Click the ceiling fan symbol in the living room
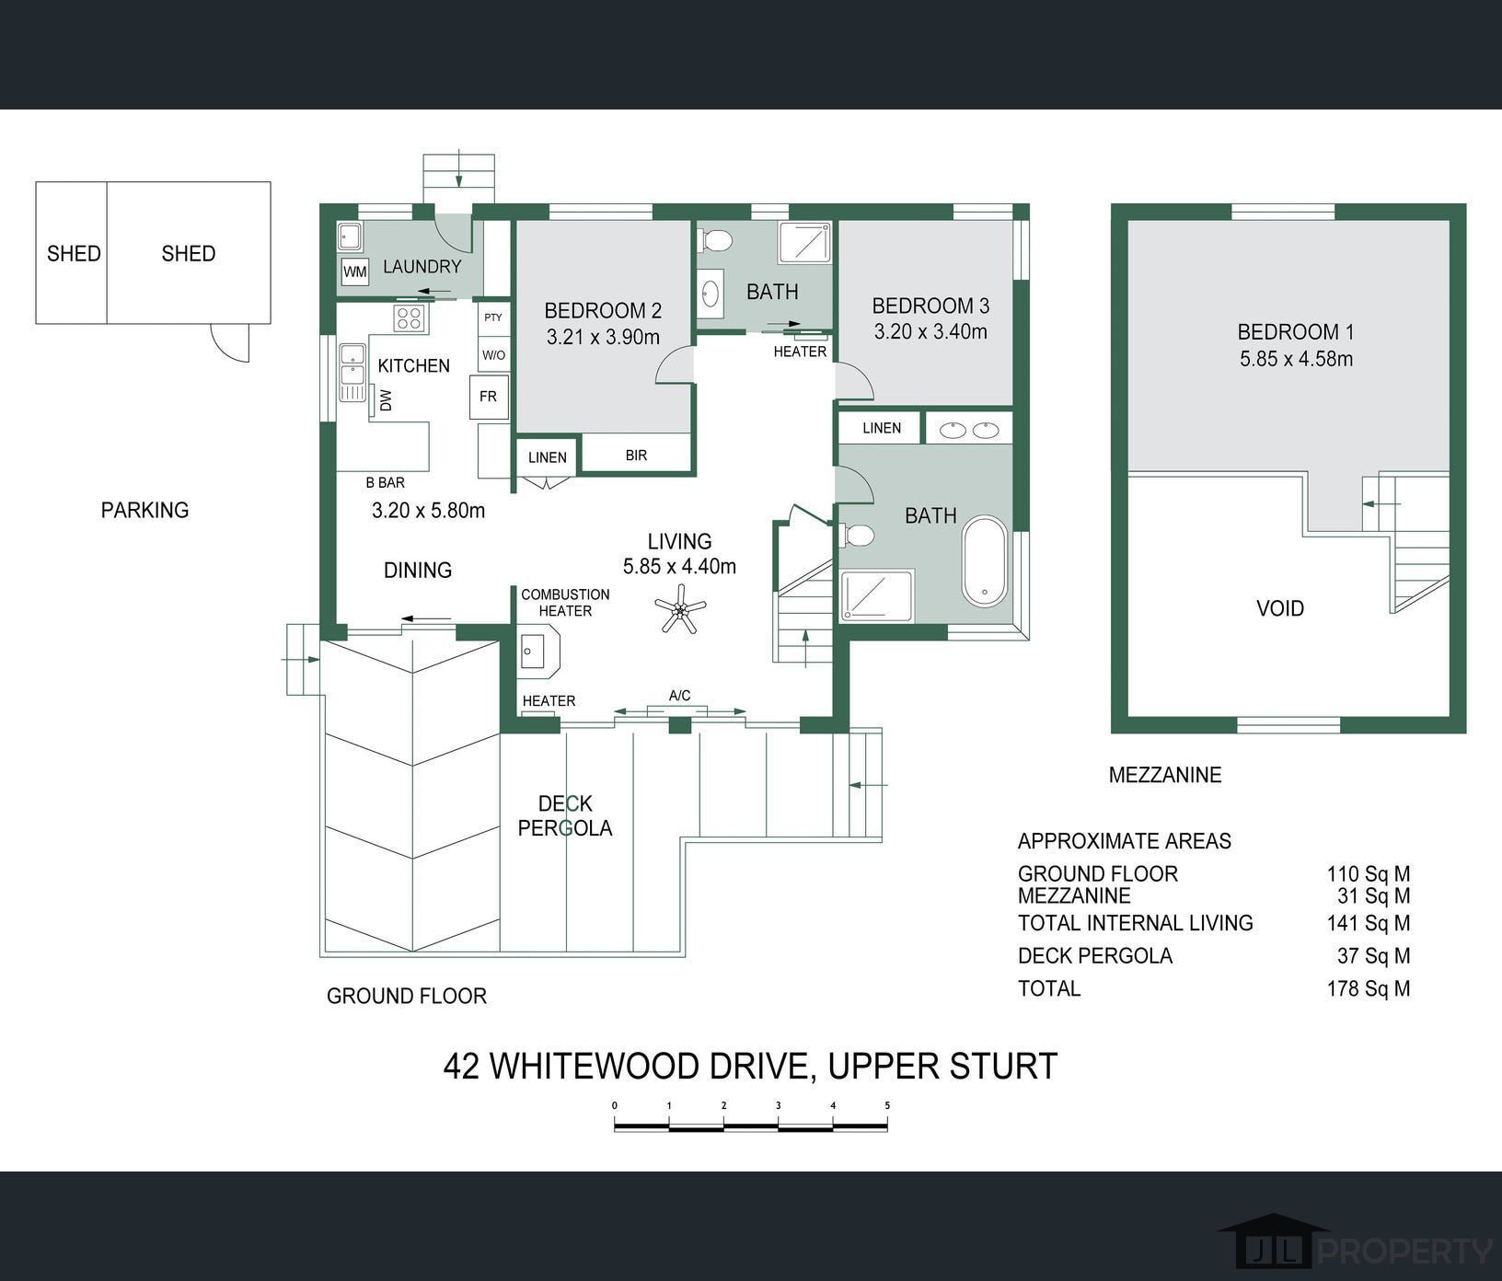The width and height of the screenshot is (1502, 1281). point(680,608)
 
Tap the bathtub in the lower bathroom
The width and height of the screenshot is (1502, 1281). point(985,560)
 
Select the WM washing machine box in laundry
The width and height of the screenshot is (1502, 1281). point(354,272)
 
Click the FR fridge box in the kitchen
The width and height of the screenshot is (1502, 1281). point(488,397)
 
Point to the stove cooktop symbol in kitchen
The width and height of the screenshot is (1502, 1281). point(409,318)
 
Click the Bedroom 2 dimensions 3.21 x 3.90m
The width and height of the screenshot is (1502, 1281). point(603,338)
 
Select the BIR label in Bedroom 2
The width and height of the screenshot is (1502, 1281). point(636,456)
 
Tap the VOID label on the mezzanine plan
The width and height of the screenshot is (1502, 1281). point(1279,608)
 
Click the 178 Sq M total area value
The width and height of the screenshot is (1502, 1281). point(1368,988)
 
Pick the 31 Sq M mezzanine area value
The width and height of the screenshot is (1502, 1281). point(1373,895)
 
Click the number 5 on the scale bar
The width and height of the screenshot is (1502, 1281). point(887,1105)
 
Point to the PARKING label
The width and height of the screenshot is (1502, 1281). point(144,510)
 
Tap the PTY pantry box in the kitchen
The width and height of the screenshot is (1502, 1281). point(493,317)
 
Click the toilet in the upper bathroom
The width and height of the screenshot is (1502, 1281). point(715,241)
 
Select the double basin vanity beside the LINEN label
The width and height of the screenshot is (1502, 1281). point(968,429)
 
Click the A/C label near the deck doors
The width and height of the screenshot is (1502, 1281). point(679,696)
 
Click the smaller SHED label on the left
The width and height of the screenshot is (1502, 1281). point(74,253)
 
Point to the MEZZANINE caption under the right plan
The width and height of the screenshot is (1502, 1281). point(1164,775)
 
